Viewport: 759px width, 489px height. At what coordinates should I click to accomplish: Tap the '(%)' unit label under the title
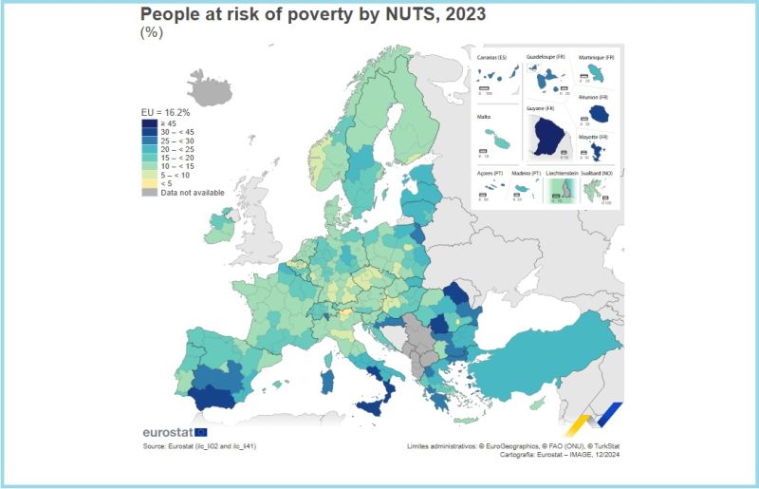point(152,31)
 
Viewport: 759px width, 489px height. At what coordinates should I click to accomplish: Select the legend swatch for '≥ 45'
point(149,122)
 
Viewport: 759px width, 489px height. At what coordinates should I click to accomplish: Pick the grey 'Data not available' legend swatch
point(149,191)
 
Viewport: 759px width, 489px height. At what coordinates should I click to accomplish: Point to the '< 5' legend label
point(167,182)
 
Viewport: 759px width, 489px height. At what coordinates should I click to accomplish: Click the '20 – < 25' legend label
point(178,148)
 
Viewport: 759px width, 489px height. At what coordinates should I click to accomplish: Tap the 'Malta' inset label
point(484,117)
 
